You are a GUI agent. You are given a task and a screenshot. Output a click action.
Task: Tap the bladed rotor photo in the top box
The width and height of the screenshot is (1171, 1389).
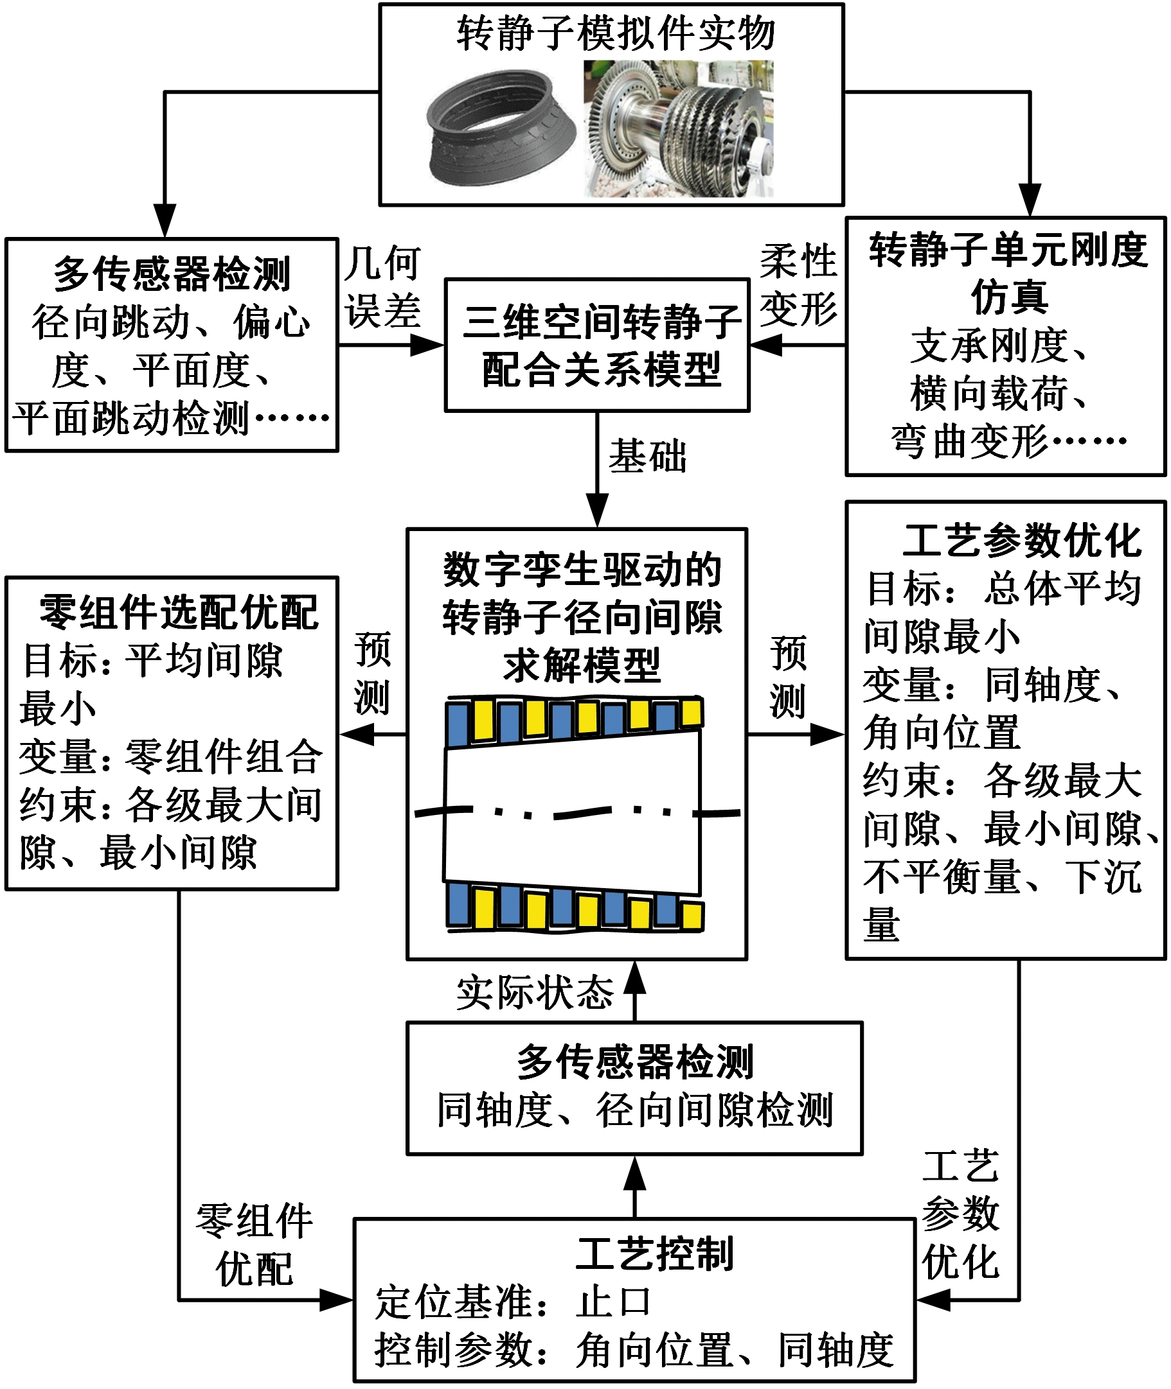click(679, 128)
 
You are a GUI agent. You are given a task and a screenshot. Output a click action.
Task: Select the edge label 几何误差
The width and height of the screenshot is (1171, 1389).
click(382, 286)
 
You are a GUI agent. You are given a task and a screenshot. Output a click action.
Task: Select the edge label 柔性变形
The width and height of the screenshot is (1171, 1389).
click(798, 284)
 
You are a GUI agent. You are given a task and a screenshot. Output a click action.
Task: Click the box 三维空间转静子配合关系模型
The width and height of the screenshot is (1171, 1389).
click(597, 345)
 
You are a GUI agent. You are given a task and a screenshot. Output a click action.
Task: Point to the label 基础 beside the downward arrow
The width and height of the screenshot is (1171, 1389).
click(647, 457)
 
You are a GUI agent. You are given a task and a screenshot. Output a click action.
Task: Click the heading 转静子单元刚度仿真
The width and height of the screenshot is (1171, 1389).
click(1008, 273)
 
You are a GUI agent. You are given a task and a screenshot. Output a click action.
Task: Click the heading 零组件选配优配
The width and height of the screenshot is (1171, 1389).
click(179, 612)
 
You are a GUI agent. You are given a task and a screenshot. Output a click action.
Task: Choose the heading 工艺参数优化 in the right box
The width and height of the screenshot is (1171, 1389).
click(1023, 541)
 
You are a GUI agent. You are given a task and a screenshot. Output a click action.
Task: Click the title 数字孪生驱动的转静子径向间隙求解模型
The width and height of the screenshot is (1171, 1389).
click(582, 618)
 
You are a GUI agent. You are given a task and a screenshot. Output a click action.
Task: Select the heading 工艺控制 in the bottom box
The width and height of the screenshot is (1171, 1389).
click(654, 1254)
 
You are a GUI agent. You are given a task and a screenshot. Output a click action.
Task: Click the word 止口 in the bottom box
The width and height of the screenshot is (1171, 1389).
click(613, 1302)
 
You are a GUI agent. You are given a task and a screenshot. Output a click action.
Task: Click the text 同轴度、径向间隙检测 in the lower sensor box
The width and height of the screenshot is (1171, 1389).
click(634, 1110)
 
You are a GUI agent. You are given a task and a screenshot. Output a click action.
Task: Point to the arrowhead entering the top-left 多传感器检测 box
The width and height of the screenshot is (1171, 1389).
click(165, 222)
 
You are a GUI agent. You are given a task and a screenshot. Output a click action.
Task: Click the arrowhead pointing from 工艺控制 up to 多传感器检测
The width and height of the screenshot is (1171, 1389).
click(635, 1174)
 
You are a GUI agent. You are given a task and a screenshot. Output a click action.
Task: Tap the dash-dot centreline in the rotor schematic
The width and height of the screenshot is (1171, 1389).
click(577, 812)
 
